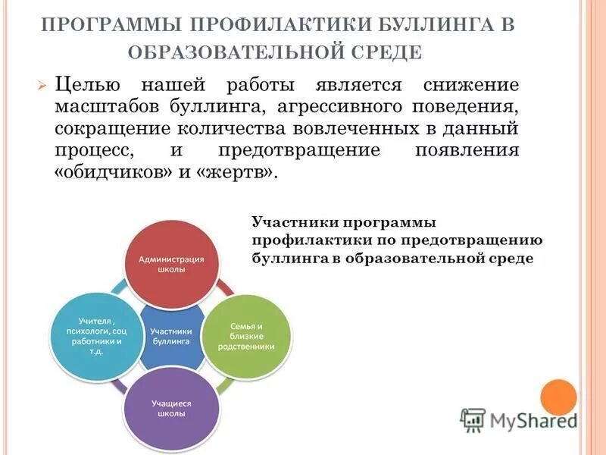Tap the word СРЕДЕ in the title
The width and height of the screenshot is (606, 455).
click(389, 53)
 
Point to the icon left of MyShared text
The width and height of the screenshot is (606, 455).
click(473, 419)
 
